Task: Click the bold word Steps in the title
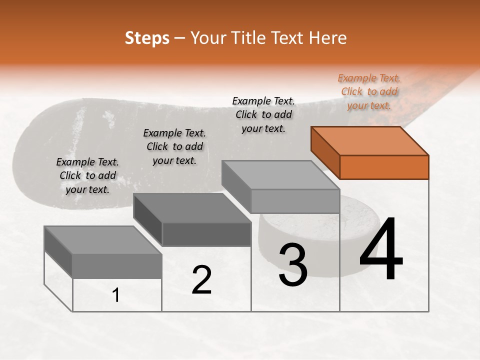147,38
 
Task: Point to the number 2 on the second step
201,280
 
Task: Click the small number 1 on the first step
116,295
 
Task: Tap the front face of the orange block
384,167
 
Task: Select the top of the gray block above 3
280,174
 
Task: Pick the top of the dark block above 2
192,207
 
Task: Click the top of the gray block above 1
103,240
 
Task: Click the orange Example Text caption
369,91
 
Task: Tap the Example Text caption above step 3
263,114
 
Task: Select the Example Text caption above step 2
174,146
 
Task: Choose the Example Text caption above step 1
87,175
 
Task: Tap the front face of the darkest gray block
206,234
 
